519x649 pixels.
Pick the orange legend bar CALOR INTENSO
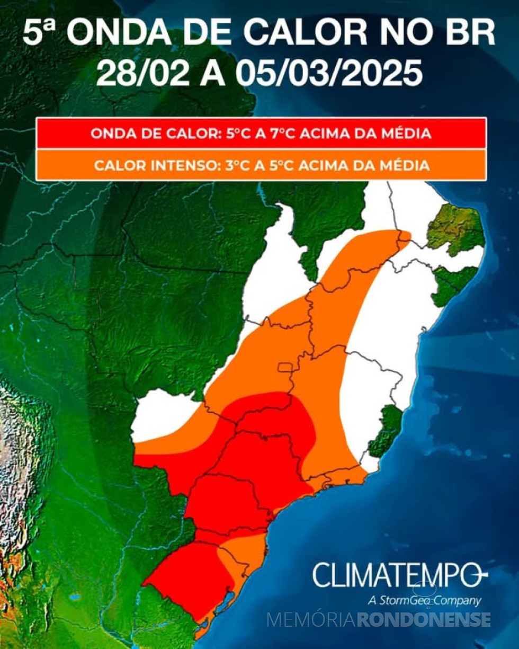coord(261,165)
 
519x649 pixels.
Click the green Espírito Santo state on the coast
coord(386,429)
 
